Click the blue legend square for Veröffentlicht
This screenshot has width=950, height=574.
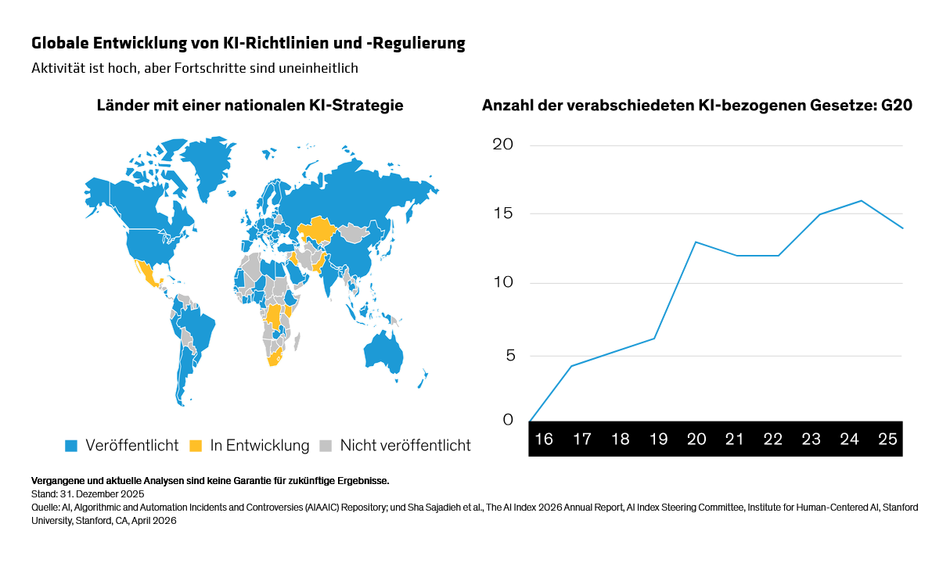click(71, 446)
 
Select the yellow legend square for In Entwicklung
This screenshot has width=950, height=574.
click(196, 446)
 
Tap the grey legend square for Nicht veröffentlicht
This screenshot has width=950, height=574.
click(326, 446)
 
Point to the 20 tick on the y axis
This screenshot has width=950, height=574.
click(503, 145)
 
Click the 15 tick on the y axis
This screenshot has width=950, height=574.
click(503, 213)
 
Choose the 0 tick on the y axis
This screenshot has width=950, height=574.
click(508, 420)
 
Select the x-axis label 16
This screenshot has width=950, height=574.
click(544, 439)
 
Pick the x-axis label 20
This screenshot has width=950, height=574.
click(696, 439)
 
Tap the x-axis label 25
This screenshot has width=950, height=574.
click(887, 439)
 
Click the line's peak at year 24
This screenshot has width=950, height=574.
click(862, 200)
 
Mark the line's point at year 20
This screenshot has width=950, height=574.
click(696, 242)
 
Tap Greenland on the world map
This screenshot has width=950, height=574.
click(209, 165)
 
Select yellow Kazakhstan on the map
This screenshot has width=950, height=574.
click(317, 229)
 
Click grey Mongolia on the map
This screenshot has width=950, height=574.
click(354, 232)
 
